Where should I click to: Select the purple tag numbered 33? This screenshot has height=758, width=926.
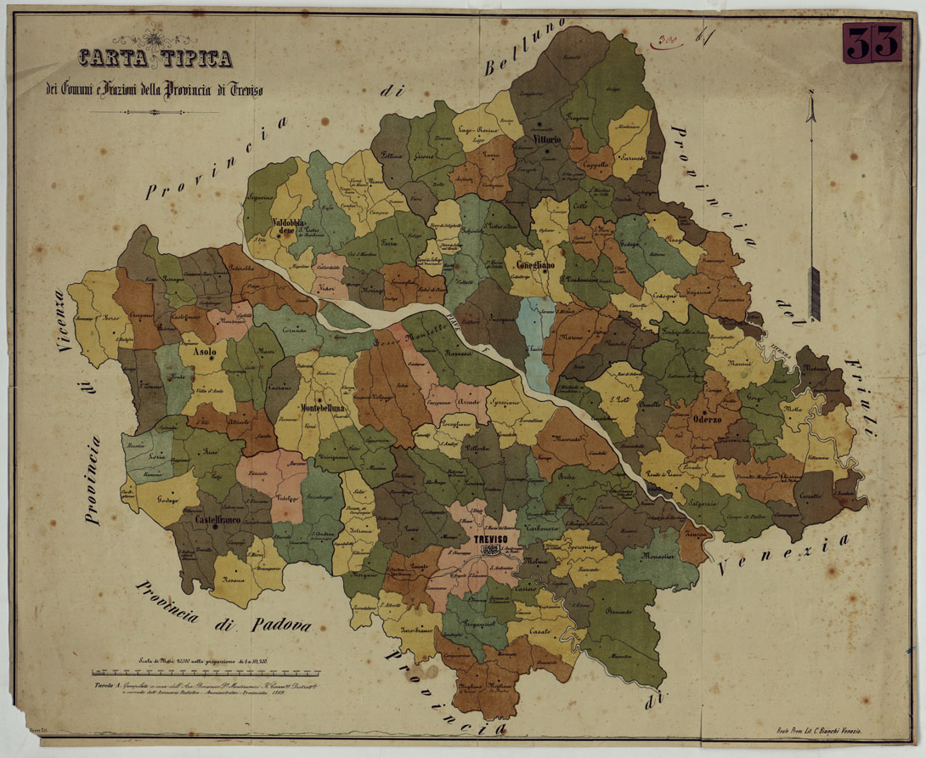click(x=872, y=42)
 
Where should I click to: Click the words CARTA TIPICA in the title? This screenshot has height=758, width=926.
click(x=155, y=59)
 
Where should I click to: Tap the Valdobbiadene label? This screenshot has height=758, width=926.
click(x=294, y=228)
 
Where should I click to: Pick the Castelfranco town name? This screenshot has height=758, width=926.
click(x=220, y=518)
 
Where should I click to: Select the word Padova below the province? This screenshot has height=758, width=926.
click(x=281, y=625)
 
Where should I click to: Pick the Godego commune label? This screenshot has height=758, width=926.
click(x=167, y=498)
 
